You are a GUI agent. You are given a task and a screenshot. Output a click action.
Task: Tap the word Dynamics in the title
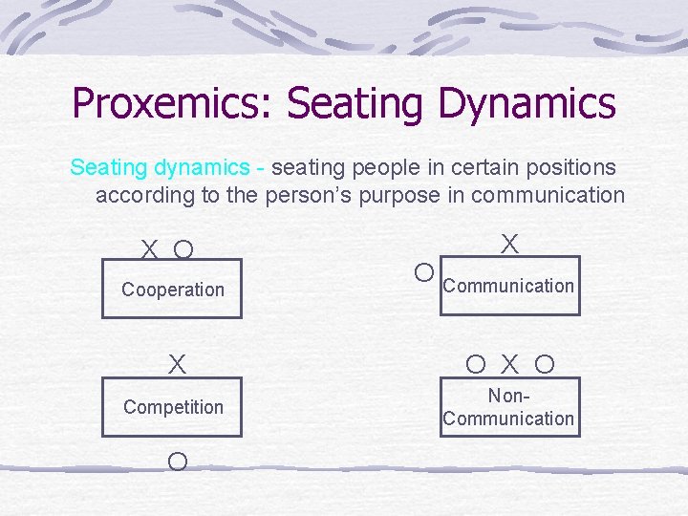[527, 104]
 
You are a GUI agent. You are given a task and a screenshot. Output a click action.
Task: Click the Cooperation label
[173, 290]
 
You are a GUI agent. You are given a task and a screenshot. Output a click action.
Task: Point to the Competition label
[173, 407]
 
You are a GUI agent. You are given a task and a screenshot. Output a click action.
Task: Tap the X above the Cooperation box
[150, 250]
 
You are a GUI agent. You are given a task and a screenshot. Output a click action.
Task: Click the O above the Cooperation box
[183, 250]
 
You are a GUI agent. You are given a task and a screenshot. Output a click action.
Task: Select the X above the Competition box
[177, 365]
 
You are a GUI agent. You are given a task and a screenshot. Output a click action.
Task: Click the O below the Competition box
[177, 462]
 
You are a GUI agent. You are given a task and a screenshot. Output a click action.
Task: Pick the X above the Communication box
[510, 245]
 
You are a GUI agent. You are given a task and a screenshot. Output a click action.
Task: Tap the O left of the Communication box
[424, 273]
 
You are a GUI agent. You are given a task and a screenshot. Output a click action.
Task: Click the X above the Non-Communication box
[510, 364]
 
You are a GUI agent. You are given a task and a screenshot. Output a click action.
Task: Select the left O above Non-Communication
[476, 364]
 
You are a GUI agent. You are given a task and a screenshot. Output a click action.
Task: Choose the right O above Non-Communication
[545, 364]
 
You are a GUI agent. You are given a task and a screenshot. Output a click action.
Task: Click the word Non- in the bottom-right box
[508, 396]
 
